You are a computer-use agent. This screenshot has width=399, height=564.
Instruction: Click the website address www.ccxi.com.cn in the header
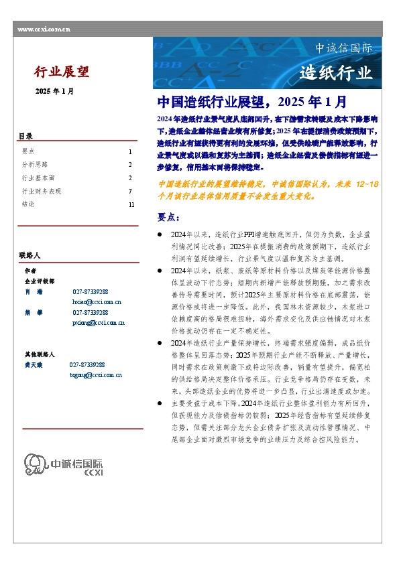pyautogui.click(x=44, y=29)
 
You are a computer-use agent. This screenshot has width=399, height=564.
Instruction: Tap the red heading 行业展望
pyautogui.click(x=62, y=72)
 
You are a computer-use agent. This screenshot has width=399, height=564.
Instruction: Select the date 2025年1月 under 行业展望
pyautogui.click(x=55, y=92)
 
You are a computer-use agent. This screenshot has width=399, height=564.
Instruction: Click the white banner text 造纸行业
pyautogui.click(x=335, y=73)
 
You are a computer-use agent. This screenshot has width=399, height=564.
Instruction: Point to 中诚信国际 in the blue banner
pyautogui.click(x=343, y=48)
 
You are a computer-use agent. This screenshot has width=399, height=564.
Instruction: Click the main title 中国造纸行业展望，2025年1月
pyautogui.click(x=251, y=102)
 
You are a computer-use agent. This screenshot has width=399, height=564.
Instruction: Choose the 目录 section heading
pyautogui.click(x=25, y=137)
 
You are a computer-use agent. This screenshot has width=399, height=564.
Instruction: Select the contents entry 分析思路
pyautogui.click(x=35, y=164)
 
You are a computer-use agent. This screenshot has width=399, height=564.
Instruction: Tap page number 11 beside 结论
pyautogui.click(x=131, y=204)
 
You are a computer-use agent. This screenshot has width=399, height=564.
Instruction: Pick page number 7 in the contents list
pyautogui.click(x=130, y=191)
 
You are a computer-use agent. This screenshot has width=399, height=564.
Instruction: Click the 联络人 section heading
pyautogui.click(x=30, y=255)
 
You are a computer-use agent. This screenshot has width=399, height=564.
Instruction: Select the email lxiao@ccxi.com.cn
pyautogui.click(x=97, y=302)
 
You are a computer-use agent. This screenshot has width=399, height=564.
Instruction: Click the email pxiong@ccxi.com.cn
pyautogui.click(x=98, y=323)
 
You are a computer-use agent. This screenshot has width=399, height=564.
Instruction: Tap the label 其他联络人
pyautogui.click(x=40, y=354)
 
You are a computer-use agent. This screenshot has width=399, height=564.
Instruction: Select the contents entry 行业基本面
pyautogui.click(x=38, y=178)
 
